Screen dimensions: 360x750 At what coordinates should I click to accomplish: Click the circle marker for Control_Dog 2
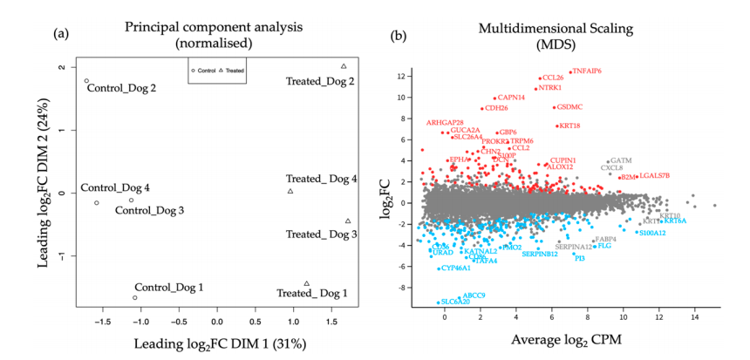point(86,81)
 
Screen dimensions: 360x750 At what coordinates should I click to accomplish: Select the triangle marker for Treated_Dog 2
point(344,66)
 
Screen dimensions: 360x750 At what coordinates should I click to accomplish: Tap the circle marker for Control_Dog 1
point(134,297)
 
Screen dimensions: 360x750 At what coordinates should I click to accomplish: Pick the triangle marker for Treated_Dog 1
point(307,283)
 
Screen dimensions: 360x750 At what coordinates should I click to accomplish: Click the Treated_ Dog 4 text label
point(322,180)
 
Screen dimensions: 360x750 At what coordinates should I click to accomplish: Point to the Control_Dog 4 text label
point(115,187)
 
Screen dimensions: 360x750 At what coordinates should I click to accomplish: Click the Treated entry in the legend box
point(231,70)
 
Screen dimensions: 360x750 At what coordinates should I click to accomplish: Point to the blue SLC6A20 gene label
point(459,302)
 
